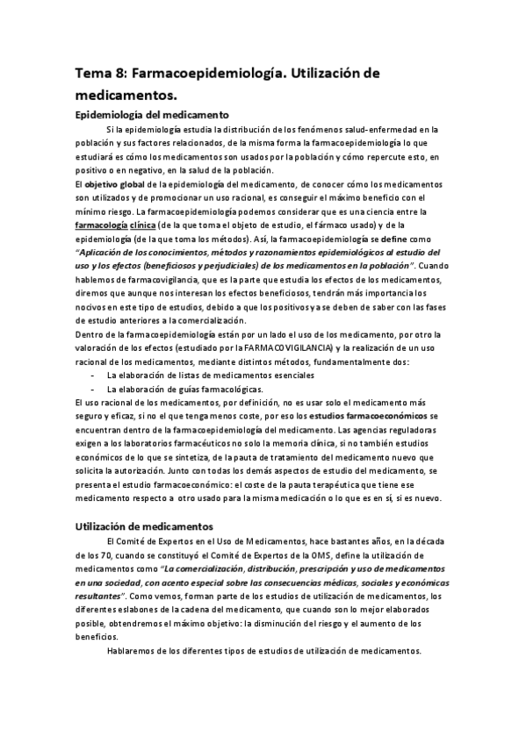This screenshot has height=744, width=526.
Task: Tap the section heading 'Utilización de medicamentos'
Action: (x=145, y=526)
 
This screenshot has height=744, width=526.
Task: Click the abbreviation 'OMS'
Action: (x=312, y=554)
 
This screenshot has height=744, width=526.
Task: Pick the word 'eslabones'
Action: (x=148, y=610)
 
